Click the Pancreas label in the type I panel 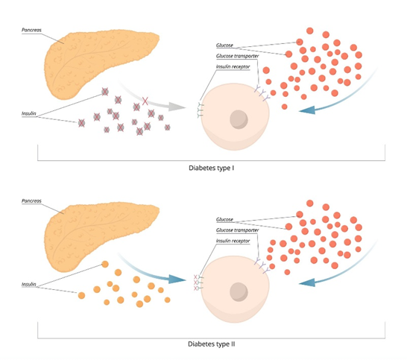(31, 30)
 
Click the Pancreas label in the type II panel (31, 201)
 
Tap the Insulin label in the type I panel (29, 113)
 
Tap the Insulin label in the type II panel (29, 284)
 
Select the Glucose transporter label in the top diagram (237, 56)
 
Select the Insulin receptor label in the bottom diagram (233, 241)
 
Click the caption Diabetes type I (211, 168)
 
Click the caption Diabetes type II (211, 344)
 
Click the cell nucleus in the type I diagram (239, 119)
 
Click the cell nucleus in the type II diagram (239, 292)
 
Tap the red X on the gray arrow (145, 101)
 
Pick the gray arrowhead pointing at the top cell (177, 107)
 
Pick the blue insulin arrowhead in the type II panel (177, 280)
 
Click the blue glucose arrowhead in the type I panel (308, 110)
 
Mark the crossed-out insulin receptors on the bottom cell (198, 282)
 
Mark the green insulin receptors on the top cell (200, 110)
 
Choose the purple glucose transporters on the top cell (262, 92)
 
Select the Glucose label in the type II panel (224, 220)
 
